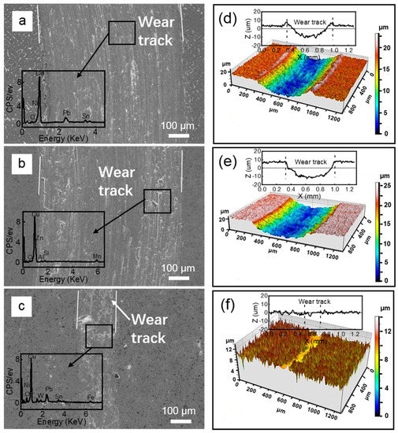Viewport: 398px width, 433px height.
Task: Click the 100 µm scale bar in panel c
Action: (x=178, y=421)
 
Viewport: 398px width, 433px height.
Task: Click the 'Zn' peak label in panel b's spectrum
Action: (x=39, y=227)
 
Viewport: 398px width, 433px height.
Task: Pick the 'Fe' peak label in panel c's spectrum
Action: (x=91, y=398)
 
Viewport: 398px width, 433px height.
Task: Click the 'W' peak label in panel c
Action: (x=40, y=397)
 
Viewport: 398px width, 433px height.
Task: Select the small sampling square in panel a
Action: (x=122, y=33)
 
